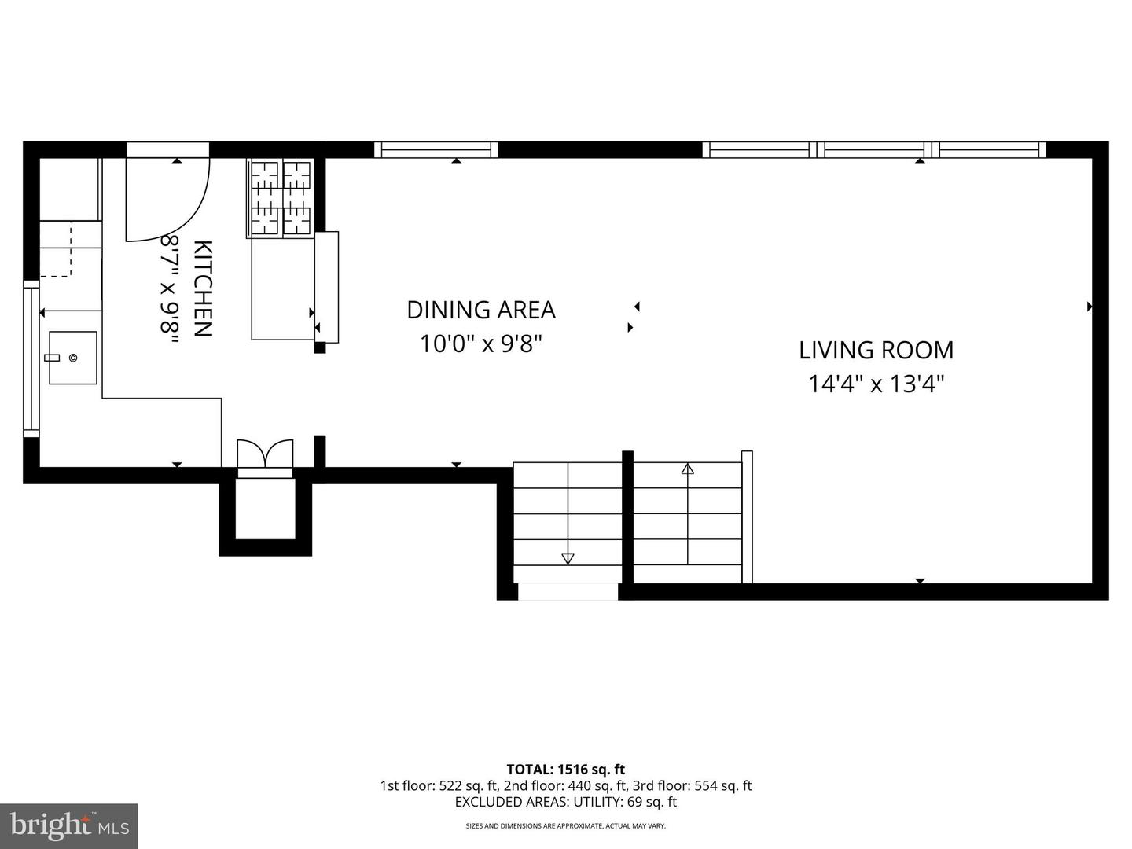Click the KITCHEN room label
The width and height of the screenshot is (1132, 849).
click(x=203, y=289)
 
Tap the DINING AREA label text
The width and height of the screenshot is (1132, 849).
click(x=481, y=310)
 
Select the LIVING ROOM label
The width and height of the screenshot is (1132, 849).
click(x=877, y=350)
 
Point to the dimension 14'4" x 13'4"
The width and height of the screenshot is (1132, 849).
click(x=877, y=384)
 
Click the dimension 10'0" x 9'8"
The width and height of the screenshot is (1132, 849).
click(x=481, y=344)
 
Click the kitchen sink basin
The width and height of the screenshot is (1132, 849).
click(x=73, y=358)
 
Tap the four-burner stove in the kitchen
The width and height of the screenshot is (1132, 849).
click(x=281, y=198)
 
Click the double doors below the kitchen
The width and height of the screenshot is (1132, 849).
click(x=265, y=454)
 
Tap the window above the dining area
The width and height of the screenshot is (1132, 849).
click(x=436, y=149)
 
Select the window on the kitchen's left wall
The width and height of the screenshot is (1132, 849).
click(x=31, y=358)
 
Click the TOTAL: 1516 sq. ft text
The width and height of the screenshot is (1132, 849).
click(x=566, y=770)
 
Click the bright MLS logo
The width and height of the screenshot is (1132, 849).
click(x=69, y=826)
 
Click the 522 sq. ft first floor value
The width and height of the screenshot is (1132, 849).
click(x=469, y=785)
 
